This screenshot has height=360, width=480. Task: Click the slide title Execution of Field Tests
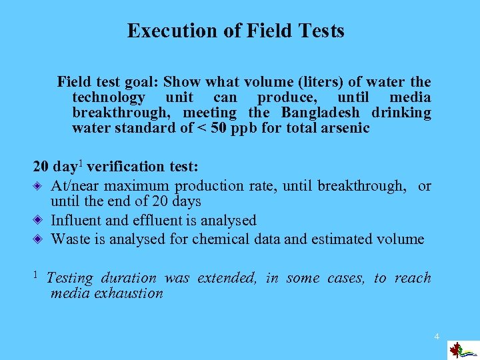coord(235,31)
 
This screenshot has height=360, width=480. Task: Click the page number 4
coord(437,336)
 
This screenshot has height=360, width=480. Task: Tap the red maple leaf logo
coord(457,349)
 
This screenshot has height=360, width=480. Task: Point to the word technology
coord(109,97)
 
